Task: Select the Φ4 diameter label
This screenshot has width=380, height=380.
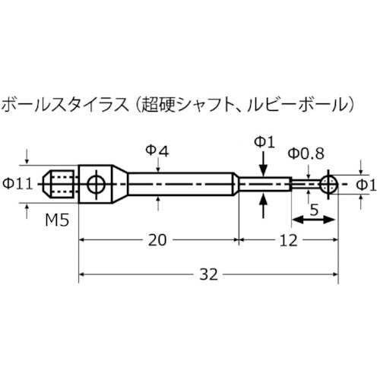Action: (x=157, y=152)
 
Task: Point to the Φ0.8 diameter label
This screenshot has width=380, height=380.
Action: (x=306, y=154)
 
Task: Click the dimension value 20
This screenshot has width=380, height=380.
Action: (x=156, y=240)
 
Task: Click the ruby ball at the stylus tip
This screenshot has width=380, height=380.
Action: (x=328, y=183)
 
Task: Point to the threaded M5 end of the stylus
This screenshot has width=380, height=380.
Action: (x=61, y=184)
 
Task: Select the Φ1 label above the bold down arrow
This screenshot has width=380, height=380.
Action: (x=261, y=141)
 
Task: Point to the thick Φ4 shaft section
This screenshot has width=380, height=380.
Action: (x=179, y=184)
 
